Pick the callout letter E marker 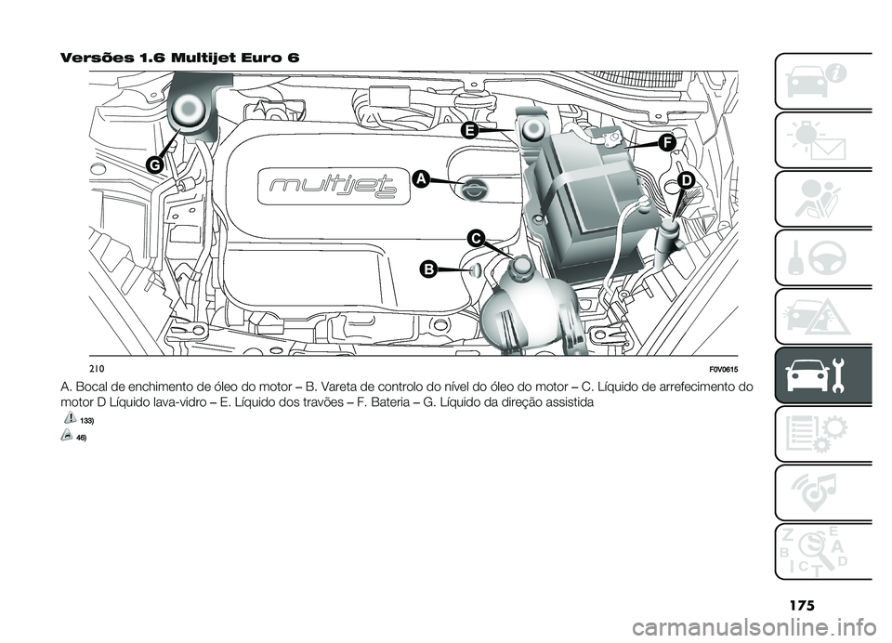coord(470,131)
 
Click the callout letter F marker coord(666,142)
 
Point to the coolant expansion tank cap coord(518,270)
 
